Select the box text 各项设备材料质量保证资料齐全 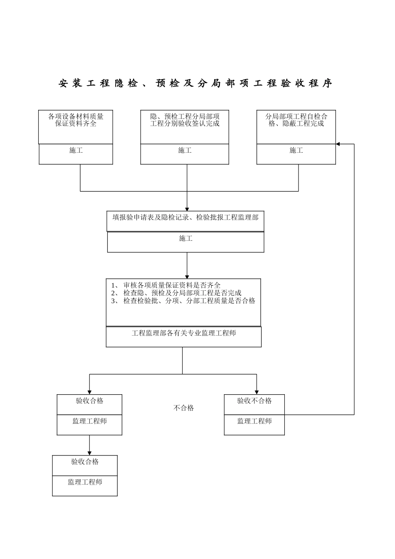coord(76,120)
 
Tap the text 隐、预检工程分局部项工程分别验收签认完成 coord(185,120)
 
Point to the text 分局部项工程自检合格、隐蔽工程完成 coord(296,120)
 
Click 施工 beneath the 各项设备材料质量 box coord(76,151)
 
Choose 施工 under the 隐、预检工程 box coord(185,151)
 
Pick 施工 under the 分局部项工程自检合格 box coord(296,151)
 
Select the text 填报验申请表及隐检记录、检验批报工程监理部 coord(185,217)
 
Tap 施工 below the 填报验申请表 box coord(185,239)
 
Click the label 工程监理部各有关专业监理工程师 coord(184,333)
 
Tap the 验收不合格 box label coord(254,401)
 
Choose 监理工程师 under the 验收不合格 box coord(254,421)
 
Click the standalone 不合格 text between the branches coord(183,408)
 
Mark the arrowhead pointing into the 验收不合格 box coord(257,392)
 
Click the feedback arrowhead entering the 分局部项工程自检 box coord(338,144)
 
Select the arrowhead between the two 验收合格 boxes coord(89,453)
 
